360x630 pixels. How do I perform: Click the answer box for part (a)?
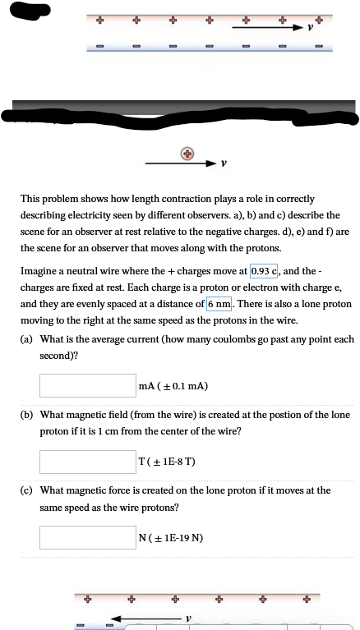(87, 384)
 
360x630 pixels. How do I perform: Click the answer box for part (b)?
(87, 461)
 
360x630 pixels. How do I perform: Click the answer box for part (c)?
(87, 538)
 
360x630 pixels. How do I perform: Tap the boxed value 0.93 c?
(264, 271)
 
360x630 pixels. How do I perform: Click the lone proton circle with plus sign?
(189, 154)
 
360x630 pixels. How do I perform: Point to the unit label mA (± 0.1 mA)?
(173, 385)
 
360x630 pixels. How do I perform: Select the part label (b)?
(27, 416)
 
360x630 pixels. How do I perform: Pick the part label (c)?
(27, 490)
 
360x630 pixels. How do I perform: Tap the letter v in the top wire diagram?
(310, 26)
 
